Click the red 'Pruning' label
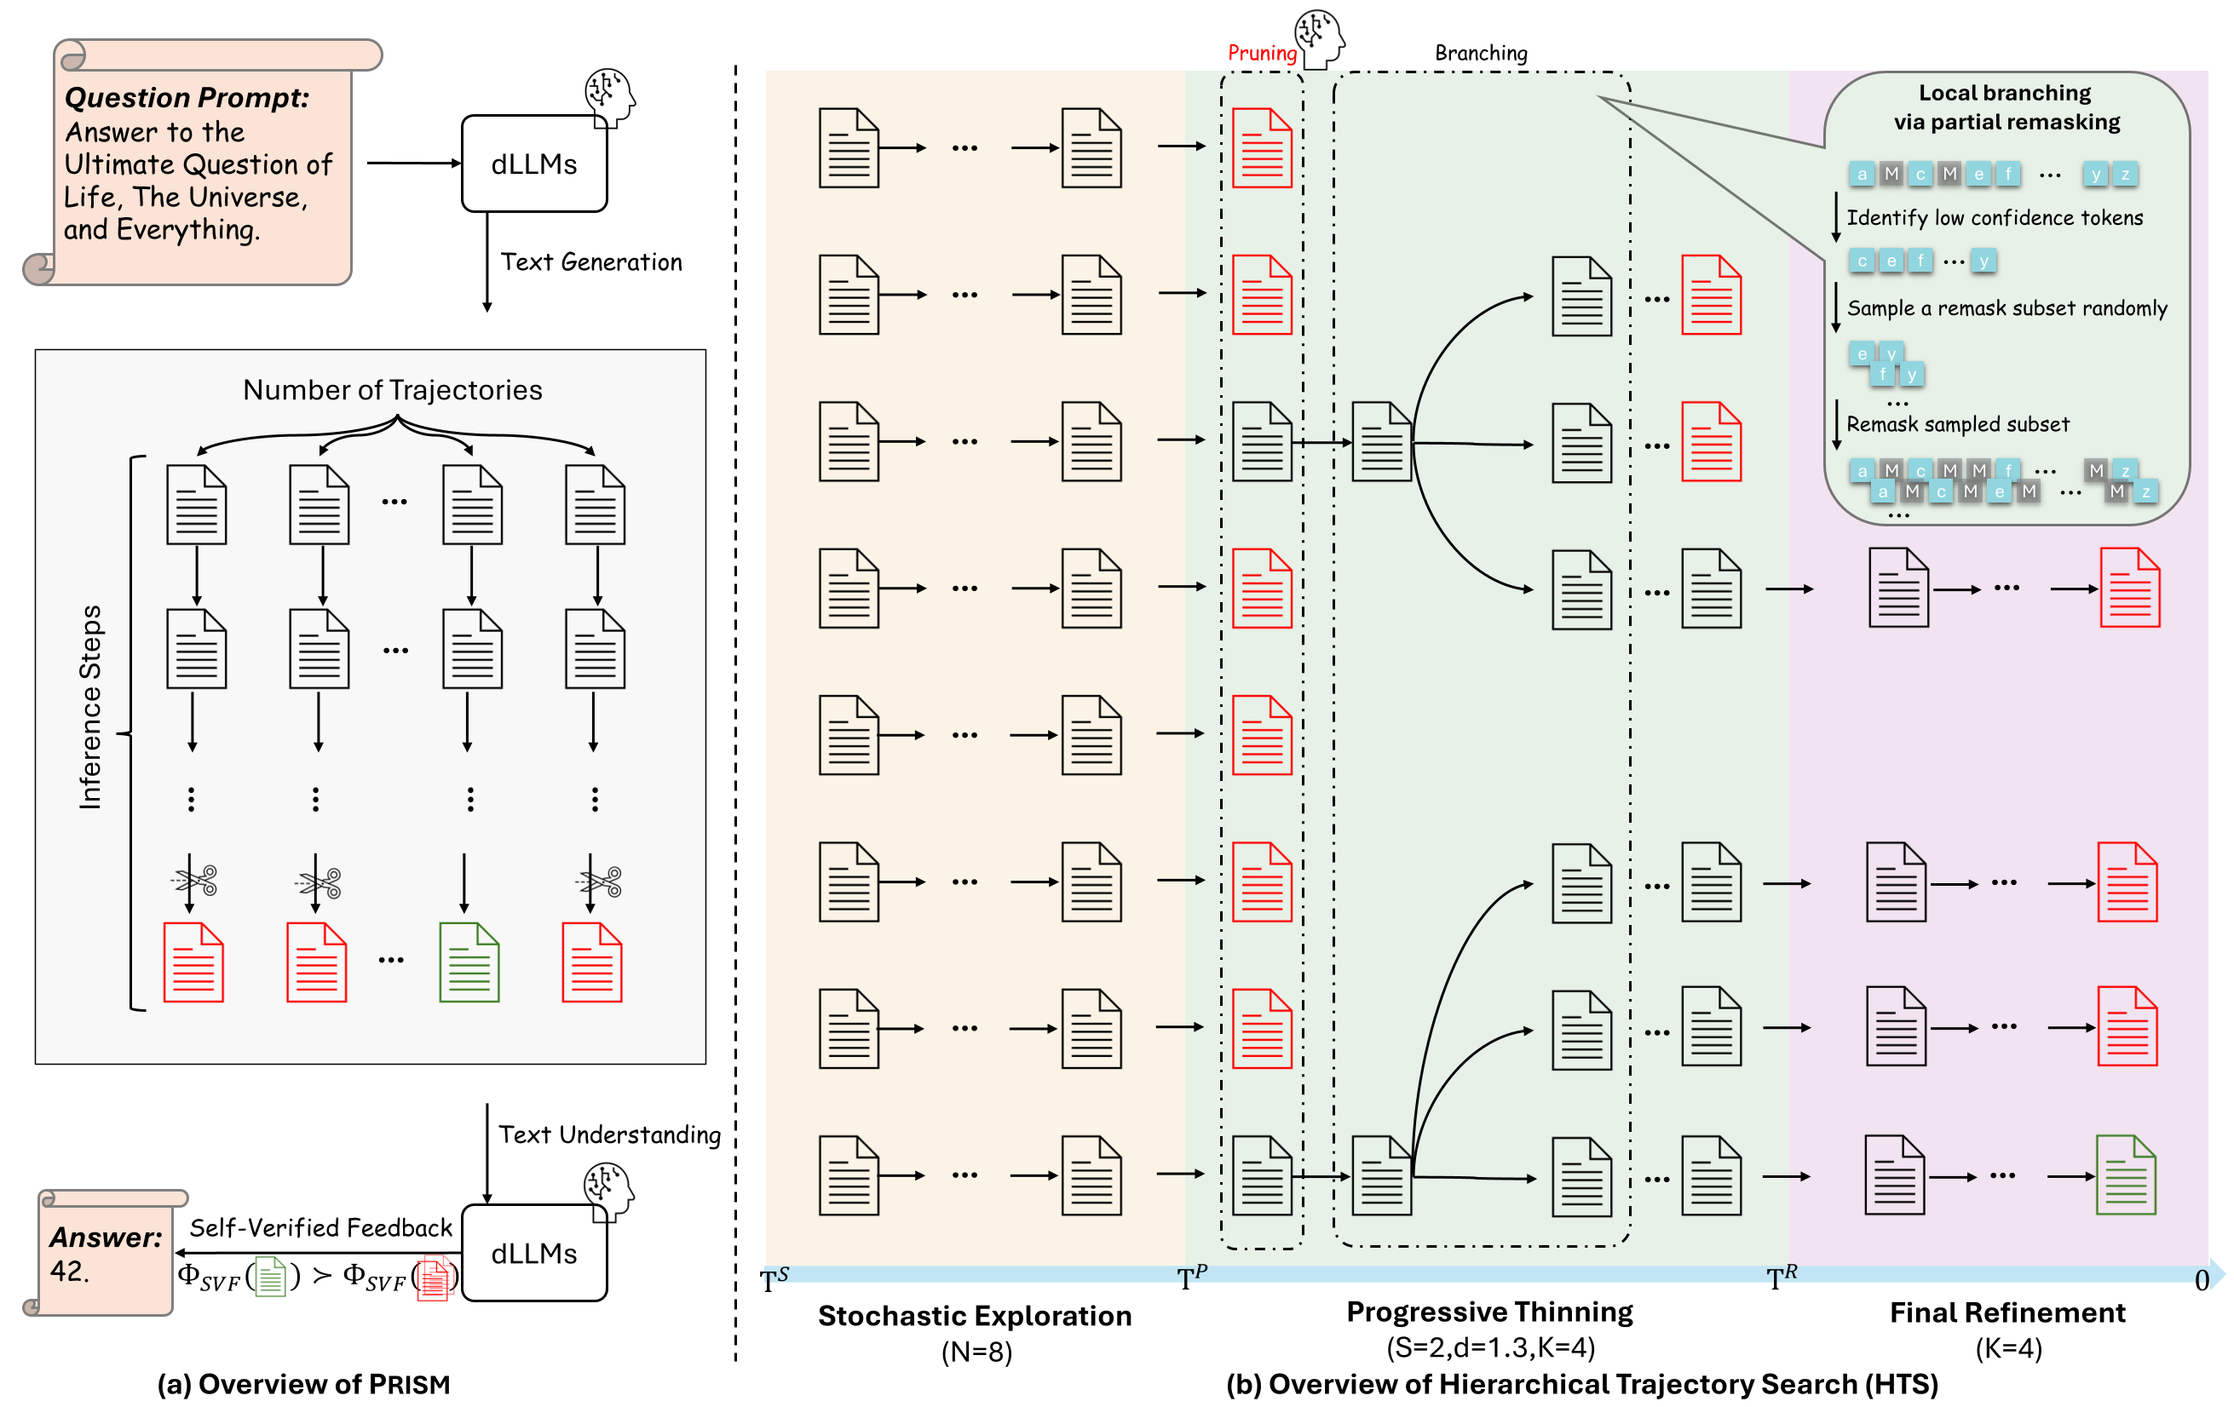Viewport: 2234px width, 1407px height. (x=1261, y=53)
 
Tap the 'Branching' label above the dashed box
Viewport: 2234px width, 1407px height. (x=1481, y=53)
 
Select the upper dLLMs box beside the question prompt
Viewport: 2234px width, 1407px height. (x=533, y=164)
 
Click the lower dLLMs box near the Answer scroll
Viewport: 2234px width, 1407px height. (x=533, y=1253)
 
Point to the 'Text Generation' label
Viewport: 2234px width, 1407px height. (x=591, y=262)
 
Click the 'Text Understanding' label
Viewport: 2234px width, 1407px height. (x=609, y=1134)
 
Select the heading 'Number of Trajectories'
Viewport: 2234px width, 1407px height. (x=393, y=389)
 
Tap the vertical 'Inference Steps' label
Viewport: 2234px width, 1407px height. (x=90, y=707)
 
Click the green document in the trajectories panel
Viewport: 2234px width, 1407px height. (x=469, y=962)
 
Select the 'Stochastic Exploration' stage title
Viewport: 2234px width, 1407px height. (x=974, y=1315)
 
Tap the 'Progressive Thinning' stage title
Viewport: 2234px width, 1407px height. (x=1489, y=1312)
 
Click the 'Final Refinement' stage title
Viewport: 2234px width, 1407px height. (x=2007, y=1312)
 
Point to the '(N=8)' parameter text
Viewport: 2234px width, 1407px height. (x=976, y=1352)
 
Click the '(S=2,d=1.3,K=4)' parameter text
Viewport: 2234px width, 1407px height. (x=1490, y=1347)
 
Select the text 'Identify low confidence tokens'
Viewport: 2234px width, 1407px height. (x=1995, y=218)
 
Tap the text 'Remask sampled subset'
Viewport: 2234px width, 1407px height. (x=1958, y=424)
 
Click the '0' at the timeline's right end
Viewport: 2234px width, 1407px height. (x=2202, y=1281)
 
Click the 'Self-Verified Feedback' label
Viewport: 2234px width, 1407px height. (x=321, y=1228)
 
